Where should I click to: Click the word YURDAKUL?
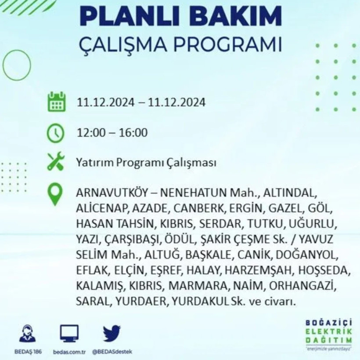coord(206,302)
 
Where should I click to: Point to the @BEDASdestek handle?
coord(111,352)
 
